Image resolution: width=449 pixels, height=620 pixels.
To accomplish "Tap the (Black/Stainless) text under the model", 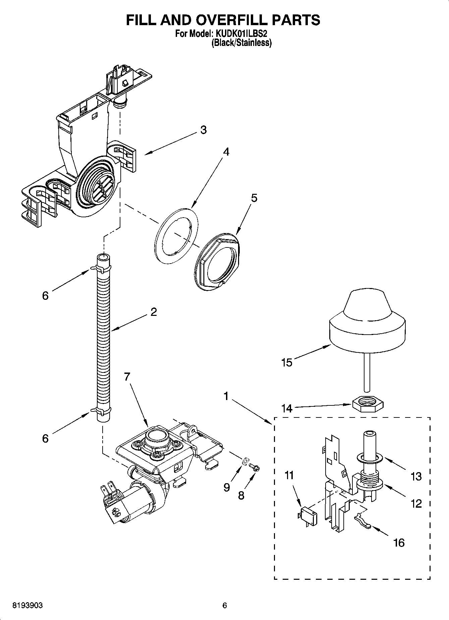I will point(241,43).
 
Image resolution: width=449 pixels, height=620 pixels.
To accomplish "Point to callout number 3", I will point(203,130).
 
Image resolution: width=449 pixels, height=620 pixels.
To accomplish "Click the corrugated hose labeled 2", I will point(104,335).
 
